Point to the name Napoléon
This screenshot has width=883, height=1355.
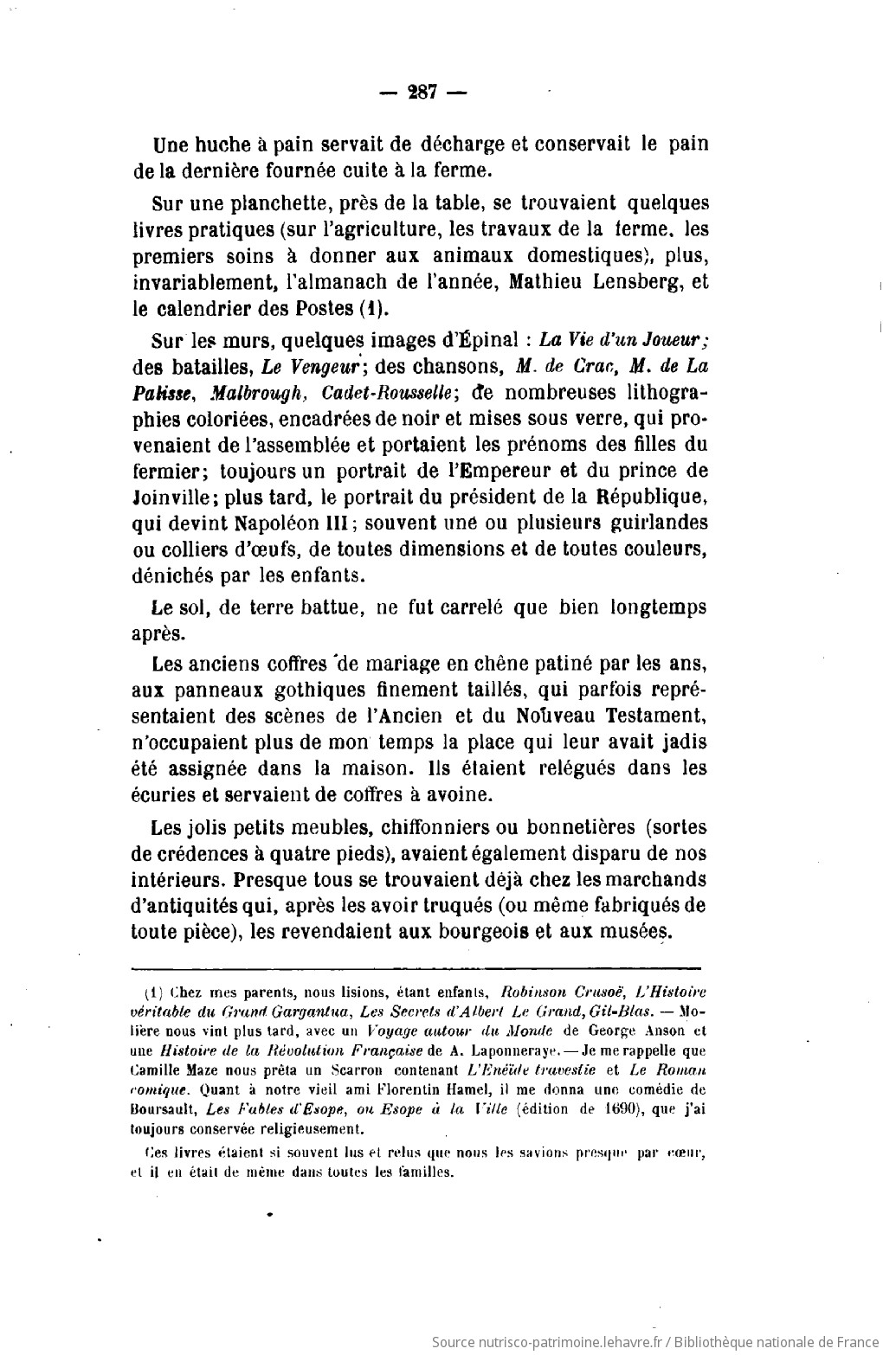[286, 523]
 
